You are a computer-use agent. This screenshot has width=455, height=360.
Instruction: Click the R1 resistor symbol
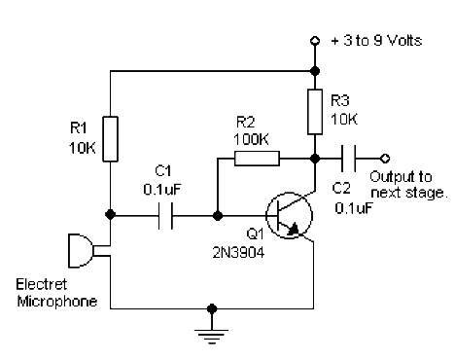click(x=110, y=139)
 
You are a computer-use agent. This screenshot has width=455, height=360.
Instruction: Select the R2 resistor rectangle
click(x=257, y=159)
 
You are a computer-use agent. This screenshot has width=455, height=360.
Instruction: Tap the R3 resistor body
click(x=315, y=112)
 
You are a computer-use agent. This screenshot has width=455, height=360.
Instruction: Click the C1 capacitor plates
click(x=165, y=215)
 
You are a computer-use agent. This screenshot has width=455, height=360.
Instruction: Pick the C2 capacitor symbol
click(x=348, y=159)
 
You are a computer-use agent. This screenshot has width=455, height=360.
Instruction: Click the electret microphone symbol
click(x=81, y=251)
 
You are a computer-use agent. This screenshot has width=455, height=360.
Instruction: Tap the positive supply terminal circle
click(x=315, y=41)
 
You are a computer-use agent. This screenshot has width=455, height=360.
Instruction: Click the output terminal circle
click(x=385, y=159)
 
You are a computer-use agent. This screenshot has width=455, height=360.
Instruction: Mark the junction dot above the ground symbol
click(x=212, y=308)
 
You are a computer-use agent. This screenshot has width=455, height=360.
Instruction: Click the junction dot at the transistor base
click(x=218, y=215)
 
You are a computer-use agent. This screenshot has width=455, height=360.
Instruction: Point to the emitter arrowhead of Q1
click(x=295, y=229)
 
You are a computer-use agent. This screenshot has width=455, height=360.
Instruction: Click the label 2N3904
click(x=238, y=252)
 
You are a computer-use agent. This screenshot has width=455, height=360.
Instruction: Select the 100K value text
click(x=251, y=139)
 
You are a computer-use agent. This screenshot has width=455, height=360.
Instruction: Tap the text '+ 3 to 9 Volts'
click(x=376, y=41)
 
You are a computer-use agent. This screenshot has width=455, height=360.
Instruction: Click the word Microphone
click(x=57, y=302)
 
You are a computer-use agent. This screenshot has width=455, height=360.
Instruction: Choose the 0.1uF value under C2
click(x=354, y=208)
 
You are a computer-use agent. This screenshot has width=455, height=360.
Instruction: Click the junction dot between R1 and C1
click(x=110, y=214)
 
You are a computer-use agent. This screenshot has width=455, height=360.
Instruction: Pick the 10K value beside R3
click(x=344, y=120)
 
